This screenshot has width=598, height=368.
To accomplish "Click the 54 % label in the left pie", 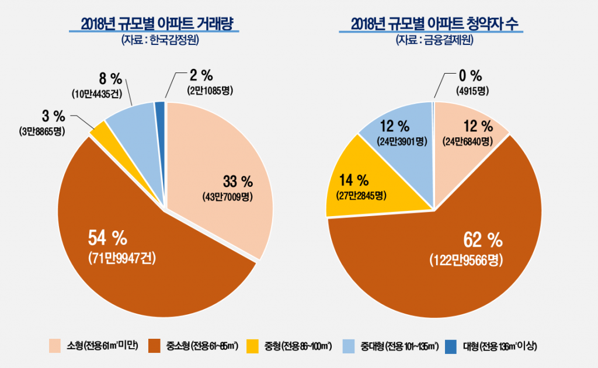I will point(107,237).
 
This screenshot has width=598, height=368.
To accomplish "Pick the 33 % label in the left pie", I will point(237,179).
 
